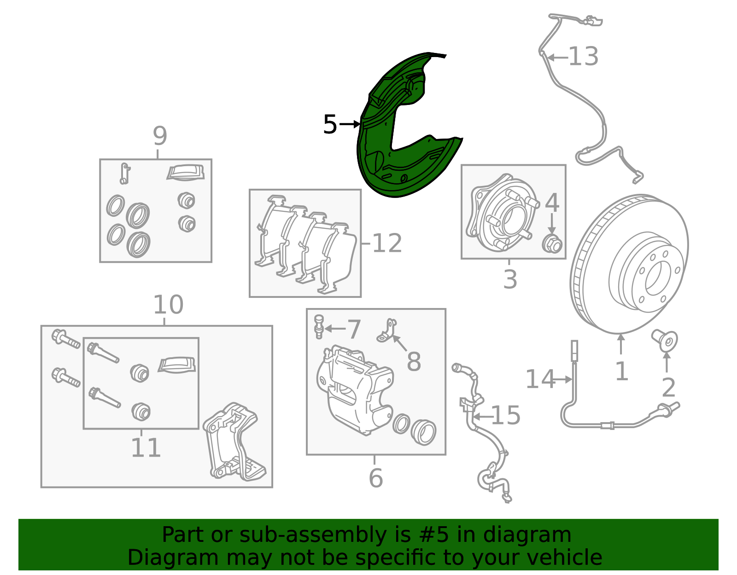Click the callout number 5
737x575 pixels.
(330, 124)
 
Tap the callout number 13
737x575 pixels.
(583, 56)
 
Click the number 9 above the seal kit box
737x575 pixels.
(160, 136)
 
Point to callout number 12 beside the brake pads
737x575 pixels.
(387, 243)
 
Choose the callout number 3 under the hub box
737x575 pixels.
(510, 279)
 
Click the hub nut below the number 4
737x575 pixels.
(552, 244)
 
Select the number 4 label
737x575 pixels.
(552, 202)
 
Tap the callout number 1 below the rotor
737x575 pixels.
(621, 371)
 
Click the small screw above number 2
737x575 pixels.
(664, 341)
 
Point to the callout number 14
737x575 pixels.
(540, 379)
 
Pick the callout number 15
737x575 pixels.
(505, 415)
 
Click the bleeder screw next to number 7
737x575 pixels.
(318, 327)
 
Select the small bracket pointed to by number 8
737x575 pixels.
(387, 331)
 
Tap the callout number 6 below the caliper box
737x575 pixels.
(375, 478)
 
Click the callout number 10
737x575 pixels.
(168, 304)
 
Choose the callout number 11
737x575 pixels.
(146, 447)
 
